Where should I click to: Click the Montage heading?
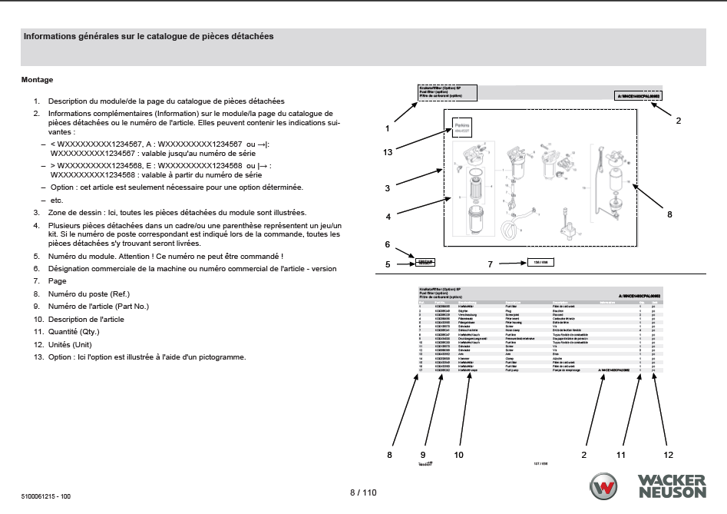click(x=37, y=80)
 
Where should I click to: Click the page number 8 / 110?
click(x=363, y=492)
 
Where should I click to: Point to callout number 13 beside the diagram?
click(x=388, y=152)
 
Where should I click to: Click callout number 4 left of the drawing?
click(x=388, y=217)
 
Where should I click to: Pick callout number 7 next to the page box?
click(x=490, y=264)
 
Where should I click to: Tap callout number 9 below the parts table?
click(x=422, y=455)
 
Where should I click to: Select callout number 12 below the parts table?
click(x=668, y=455)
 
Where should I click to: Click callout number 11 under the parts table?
click(x=621, y=455)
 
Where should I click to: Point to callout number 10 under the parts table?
click(x=458, y=455)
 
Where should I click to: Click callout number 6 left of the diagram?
click(x=388, y=244)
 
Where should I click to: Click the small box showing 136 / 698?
click(x=540, y=263)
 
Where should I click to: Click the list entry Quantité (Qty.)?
click(x=74, y=331)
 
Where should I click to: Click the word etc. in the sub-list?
click(x=56, y=199)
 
